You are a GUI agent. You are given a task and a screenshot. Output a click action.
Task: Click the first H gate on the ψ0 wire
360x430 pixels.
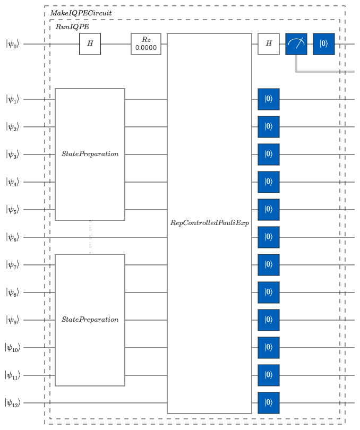(90, 44)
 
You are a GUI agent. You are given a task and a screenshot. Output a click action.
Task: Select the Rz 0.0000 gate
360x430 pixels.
(146, 44)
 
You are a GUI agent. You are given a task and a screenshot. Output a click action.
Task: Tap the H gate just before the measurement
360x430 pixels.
(269, 44)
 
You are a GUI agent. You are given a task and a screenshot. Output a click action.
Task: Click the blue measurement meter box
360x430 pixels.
(296, 44)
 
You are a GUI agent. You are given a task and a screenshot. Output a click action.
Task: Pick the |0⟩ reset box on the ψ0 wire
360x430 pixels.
(324, 44)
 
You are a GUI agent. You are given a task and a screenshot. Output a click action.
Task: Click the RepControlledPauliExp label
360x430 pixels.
(210, 222)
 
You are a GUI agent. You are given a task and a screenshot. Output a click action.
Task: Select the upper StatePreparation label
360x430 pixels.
(90, 154)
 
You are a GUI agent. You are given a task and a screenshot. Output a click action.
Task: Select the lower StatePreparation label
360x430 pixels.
(90, 320)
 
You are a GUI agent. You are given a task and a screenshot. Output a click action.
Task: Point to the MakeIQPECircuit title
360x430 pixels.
(81, 13)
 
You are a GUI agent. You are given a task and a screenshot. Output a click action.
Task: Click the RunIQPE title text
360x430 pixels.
(72, 27)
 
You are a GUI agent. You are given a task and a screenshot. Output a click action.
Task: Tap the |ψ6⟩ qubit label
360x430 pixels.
(13, 237)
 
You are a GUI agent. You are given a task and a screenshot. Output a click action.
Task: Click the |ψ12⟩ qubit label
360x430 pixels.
(12, 403)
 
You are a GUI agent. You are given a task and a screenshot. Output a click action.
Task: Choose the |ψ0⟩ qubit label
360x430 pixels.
(13, 44)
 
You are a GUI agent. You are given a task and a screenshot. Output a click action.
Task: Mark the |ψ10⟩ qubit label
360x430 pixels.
(12, 348)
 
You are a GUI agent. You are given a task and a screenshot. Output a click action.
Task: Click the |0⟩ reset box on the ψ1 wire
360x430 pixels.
(269, 99)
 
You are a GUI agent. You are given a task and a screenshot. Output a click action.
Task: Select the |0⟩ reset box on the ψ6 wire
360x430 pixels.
(269, 237)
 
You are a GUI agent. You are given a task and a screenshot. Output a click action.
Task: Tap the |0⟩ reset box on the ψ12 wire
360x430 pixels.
(269, 403)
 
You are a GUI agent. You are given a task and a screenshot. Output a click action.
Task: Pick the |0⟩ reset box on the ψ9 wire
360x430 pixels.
(269, 320)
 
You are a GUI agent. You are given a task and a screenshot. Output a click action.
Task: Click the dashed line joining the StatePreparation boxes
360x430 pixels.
(90, 237)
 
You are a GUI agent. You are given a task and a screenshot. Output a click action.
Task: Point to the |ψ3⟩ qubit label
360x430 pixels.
(13, 154)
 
